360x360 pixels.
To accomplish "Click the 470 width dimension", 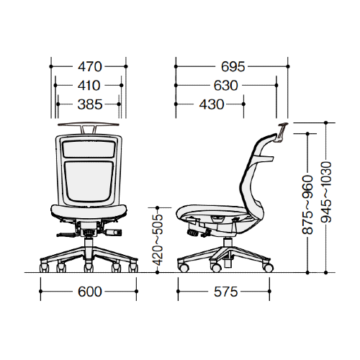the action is point(90,67).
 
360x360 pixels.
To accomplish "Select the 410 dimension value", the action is point(89,86).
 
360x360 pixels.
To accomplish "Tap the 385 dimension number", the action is point(90,104).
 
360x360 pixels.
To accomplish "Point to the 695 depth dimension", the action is point(233,67).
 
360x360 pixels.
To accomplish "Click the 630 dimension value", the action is point(225,86).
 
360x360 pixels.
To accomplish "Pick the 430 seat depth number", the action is point(212,104).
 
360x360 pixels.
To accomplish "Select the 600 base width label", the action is point(90,292).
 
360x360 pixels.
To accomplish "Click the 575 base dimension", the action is point(225,292).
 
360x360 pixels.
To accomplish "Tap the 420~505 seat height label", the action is point(158,240).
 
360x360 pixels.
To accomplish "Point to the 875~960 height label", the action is point(307,204).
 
